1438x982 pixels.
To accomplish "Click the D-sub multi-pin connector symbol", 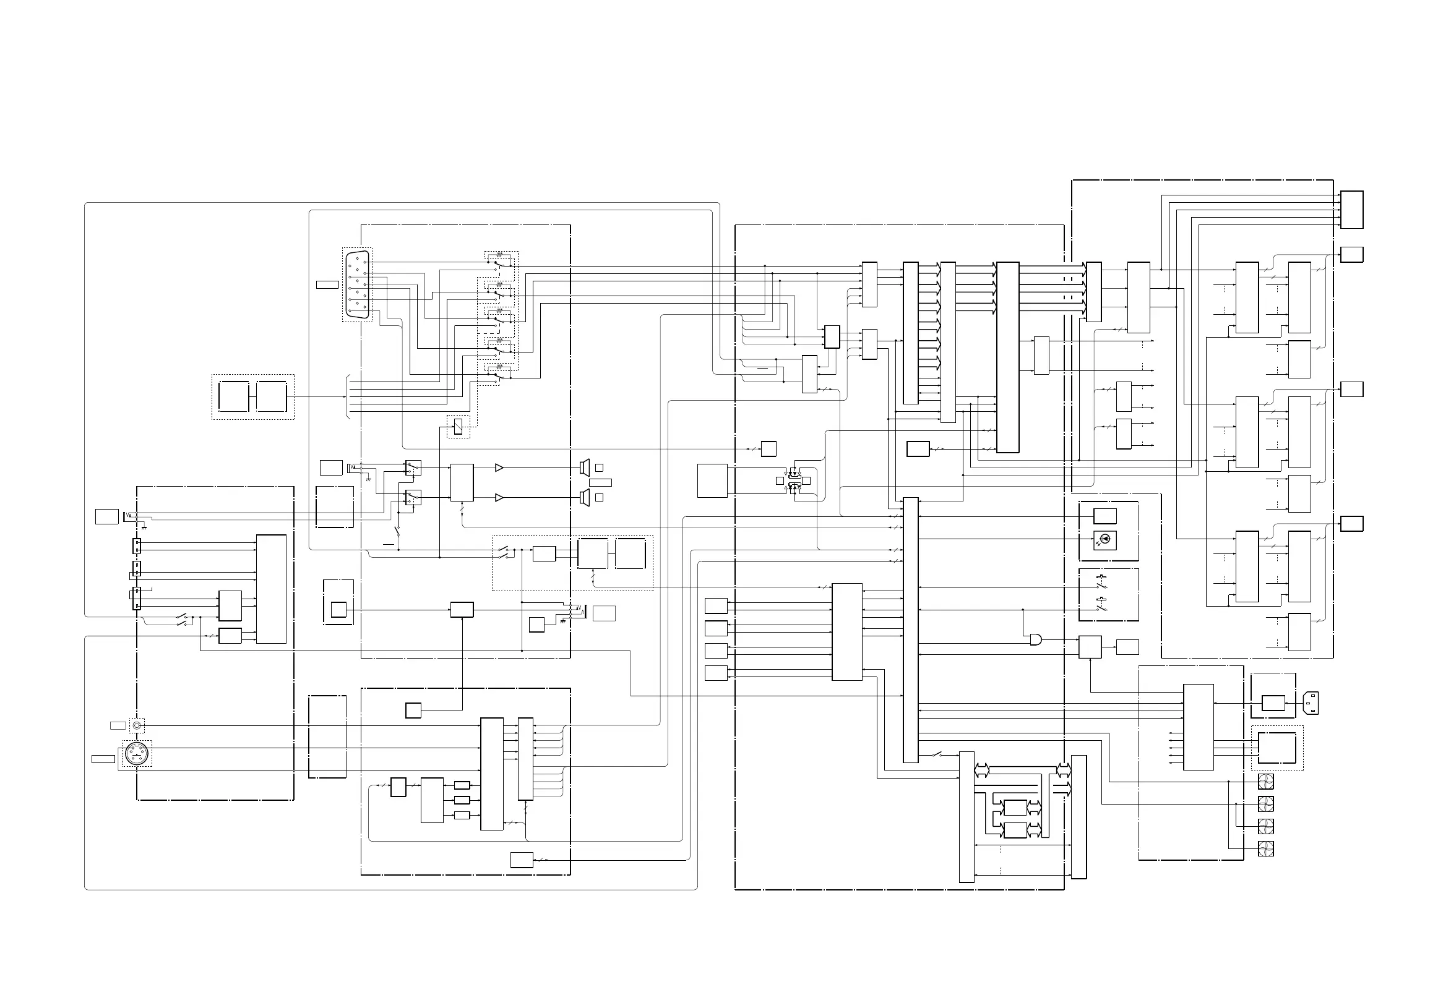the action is click(x=358, y=284).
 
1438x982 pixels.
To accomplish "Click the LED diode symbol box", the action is click(x=1106, y=539).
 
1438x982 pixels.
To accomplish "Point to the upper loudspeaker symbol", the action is click(x=584, y=468).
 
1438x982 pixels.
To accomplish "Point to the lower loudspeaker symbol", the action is click(x=584, y=497).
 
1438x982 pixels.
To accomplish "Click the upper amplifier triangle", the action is click(x=499, y=468).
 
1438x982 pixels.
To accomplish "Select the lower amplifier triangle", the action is click(x=499, y=498).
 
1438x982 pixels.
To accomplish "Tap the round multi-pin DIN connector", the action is click(x=137, y=754).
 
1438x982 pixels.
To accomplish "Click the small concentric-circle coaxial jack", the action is click(x=137, y=725).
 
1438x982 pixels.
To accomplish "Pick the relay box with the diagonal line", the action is click(x=458, y=426).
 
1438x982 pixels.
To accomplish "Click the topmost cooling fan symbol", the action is click(x=1266, y=782).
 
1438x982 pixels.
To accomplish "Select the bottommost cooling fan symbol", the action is click(x=1266, y=849).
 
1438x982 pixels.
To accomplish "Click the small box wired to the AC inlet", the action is click(x=1273, y=703).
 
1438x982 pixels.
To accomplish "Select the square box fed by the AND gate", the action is click(x=1090, y=647).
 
